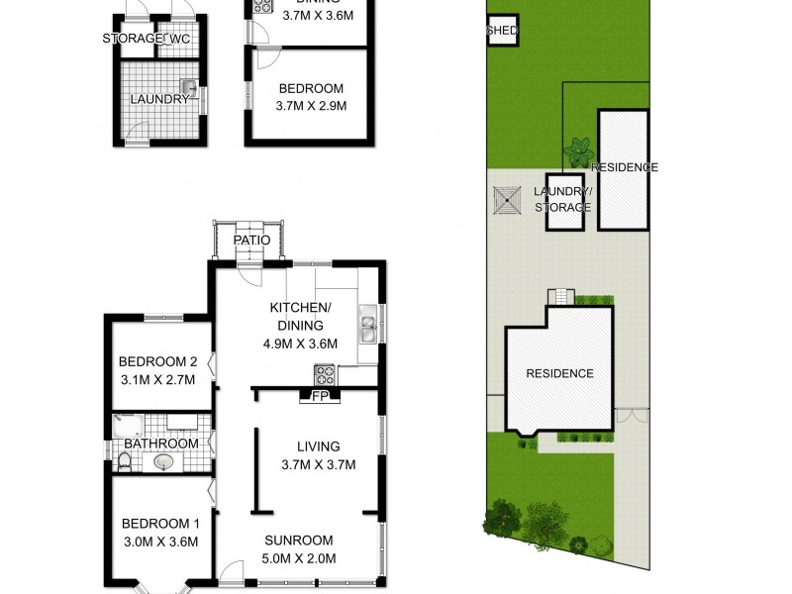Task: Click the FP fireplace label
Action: click(x=319, y=397)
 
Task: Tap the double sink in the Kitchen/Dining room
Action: click(x=368, y=326)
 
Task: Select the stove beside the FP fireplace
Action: click(x=325, y=375)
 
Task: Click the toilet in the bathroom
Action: click(x=124, y=462)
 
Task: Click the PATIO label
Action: click(x=251, y=240)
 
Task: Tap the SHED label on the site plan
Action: click(x=502, y=32)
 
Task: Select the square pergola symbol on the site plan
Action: click(x=507, y=200)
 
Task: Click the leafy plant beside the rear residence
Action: click(x=577, y=152)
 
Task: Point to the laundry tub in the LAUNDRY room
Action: click(x=188, y=87)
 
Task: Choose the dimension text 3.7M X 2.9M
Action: click(x=311, y=106)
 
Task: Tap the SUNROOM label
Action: click(x=298, y=540)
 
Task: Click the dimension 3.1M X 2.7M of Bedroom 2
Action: click(x=158, y=379)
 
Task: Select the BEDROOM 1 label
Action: click(x=159, y=524)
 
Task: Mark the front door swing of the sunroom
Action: click(x=231, y=572)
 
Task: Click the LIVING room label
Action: click(x=318, y=446)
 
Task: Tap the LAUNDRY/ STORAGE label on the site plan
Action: click(x=562, y=199)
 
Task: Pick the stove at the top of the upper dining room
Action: click(x=264, y=6)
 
